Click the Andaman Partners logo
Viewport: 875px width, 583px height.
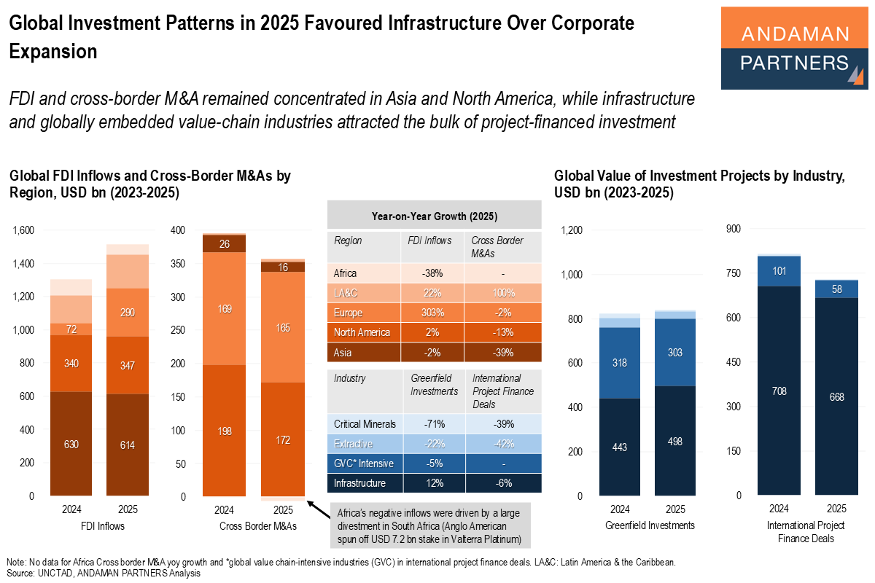[x=794, y=48]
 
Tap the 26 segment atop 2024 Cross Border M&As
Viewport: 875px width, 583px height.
[x=225, y=244]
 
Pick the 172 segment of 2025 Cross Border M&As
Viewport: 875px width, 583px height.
[x=284, y=439]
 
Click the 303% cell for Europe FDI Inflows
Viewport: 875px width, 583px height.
[x=432, y=313]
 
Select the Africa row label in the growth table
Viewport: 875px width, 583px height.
[x=346, y=273]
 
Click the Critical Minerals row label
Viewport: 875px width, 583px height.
[x=365, y=423]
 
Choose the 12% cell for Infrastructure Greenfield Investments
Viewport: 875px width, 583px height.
[x=433, y=482]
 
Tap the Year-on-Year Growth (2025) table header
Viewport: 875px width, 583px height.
[x=434, y=216]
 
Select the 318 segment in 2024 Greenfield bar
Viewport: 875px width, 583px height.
[x=620, y=362]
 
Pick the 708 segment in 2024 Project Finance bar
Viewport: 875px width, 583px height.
[x=779, y=391]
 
